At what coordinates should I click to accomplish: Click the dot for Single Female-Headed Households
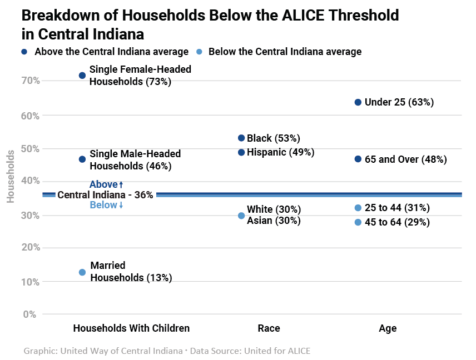pos(82,76)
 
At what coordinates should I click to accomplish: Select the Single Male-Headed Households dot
pos(82,159)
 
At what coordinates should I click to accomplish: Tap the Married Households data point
pos(82,272)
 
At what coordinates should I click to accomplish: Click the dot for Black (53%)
pos(241,138)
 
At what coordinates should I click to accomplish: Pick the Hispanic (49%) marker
pos(241,152)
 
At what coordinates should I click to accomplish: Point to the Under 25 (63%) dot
pos(358,102)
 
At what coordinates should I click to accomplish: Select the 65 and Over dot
pos(358,159)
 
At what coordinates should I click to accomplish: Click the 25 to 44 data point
pos(358,208)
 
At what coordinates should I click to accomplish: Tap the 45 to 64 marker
pos(358,222)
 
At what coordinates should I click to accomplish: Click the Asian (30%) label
pos(274,221)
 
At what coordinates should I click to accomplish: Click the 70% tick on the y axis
pos(31,81)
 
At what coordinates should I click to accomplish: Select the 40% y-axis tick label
pos(31,181)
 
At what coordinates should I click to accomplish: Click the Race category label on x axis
pos(269,328)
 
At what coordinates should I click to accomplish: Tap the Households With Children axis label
pos(131,328)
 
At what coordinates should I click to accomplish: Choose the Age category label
pos(388,328)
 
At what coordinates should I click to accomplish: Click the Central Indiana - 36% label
pos(105,195)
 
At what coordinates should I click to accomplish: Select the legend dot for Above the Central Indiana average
pos(24,52)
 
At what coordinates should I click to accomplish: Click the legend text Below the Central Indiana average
pos(285,52)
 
